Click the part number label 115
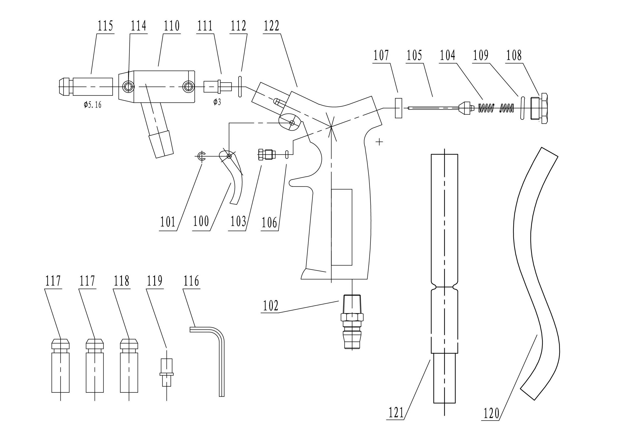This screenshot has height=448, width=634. pyautogui.click(x=105, y=26)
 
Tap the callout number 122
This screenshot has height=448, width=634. pyautogui.click(x=271, y=26)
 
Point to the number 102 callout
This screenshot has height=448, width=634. pyautogui.click(x=271, y=306)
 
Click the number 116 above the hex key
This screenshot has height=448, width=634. pyautogui.click(x=191, y=281)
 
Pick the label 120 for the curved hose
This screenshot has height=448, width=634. pyautogui.click(x=491, y=414)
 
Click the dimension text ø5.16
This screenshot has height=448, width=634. pyautogui.click(x=93, y=105)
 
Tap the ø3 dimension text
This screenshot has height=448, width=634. pyautogui.click(x=217, y=102)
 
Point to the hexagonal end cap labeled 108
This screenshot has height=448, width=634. pyautogui.click(x=540, y=109)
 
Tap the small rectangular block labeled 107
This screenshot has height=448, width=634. pyautogui.click(x=398, y=108)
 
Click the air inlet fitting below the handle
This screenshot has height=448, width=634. pyautogui.click(x=352, y=322)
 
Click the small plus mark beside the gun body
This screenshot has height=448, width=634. pyautogui.click(x=380, y=142)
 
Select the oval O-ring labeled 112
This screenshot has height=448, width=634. pyautogui.click(x=240, y=87)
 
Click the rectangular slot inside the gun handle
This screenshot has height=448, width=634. pyautogui.click(x=342, y=227)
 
